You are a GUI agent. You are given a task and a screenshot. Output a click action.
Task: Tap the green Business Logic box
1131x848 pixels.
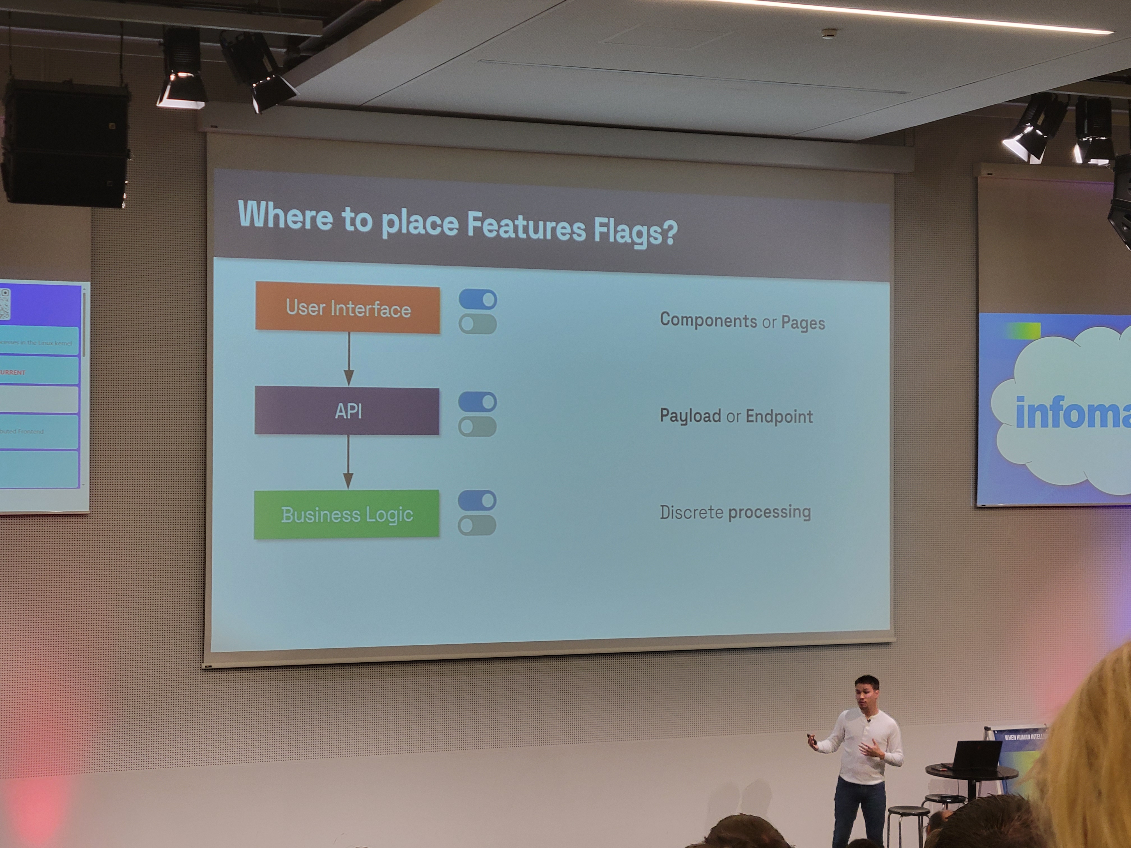[347, 514]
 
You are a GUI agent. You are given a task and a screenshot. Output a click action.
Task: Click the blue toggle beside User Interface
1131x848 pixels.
[477, 299]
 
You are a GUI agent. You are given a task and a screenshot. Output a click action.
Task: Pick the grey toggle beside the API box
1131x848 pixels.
[477, 426]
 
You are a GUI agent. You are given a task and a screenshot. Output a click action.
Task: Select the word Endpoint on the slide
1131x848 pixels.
[779, 417]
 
